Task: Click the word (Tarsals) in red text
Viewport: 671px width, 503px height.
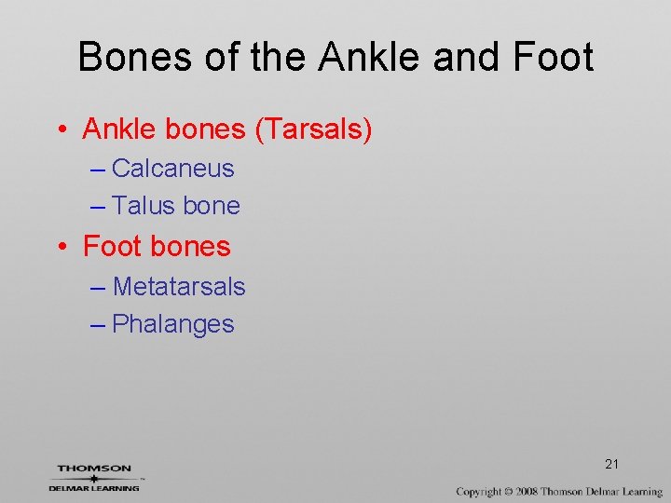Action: coord(313,129)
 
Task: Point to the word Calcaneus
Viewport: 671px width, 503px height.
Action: coord(172,169)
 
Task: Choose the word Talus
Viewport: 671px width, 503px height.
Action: coord(144,206)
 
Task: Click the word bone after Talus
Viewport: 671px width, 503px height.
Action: coord(212,206)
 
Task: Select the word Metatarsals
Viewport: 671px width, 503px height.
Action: coord(179,287)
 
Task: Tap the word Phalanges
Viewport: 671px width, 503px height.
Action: coord(172,324)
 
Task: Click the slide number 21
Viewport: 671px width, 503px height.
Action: coord(612,464)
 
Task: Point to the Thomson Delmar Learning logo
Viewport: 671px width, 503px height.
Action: coord(94,478)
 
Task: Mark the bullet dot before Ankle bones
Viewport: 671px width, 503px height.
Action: coord(61,130)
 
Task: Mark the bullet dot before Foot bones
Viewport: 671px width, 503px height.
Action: coord(61,247)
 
